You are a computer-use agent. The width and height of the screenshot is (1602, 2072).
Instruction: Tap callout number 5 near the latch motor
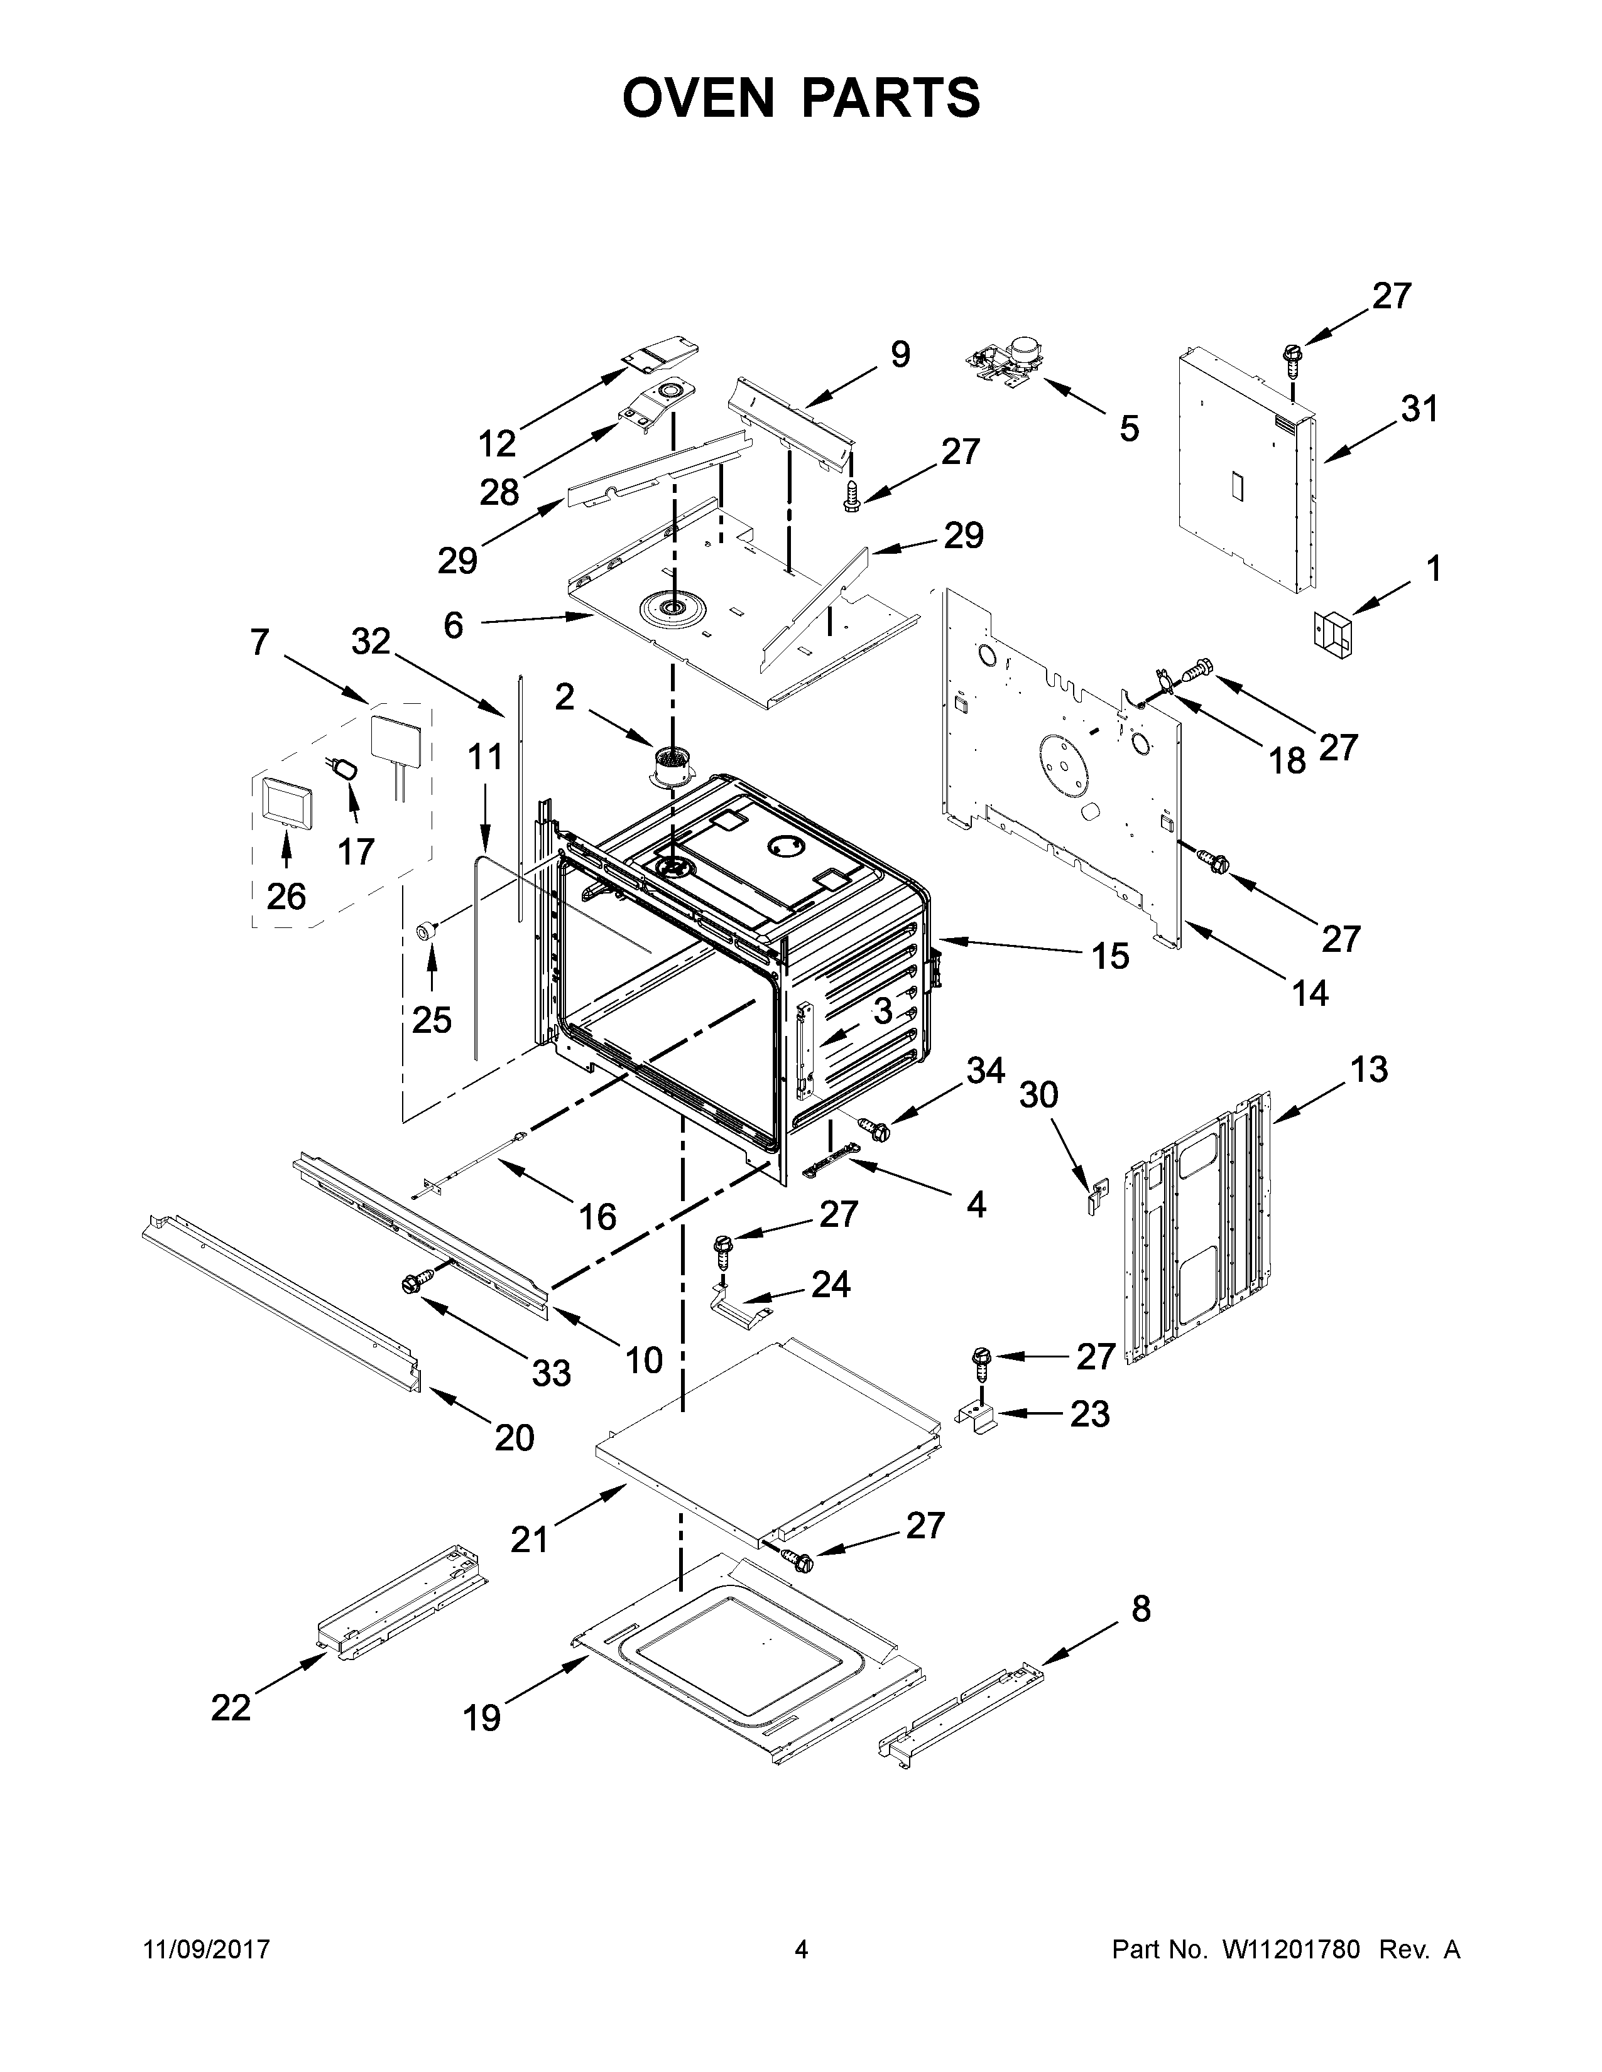1128,429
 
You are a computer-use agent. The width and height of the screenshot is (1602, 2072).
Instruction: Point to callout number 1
1433,569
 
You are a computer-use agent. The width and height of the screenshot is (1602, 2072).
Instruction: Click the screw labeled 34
874,1128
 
